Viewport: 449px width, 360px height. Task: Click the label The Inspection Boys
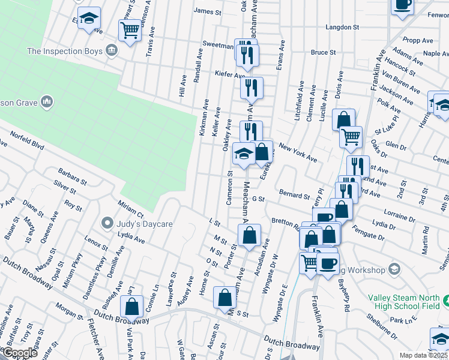click(x=65, y=52)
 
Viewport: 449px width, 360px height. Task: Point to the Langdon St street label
click(x=342, y=28)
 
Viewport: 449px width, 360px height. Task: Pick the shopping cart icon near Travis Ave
click(x=130, y=29)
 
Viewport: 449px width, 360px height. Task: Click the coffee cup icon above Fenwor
click(x=402, y=5)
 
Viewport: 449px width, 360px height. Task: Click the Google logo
click(x=20, y=353)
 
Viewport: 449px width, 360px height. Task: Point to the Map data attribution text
click(x=423, y=355)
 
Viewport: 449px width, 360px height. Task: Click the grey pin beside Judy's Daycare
click(x=107, y=223)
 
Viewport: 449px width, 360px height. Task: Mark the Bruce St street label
click(x=323, y=53)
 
